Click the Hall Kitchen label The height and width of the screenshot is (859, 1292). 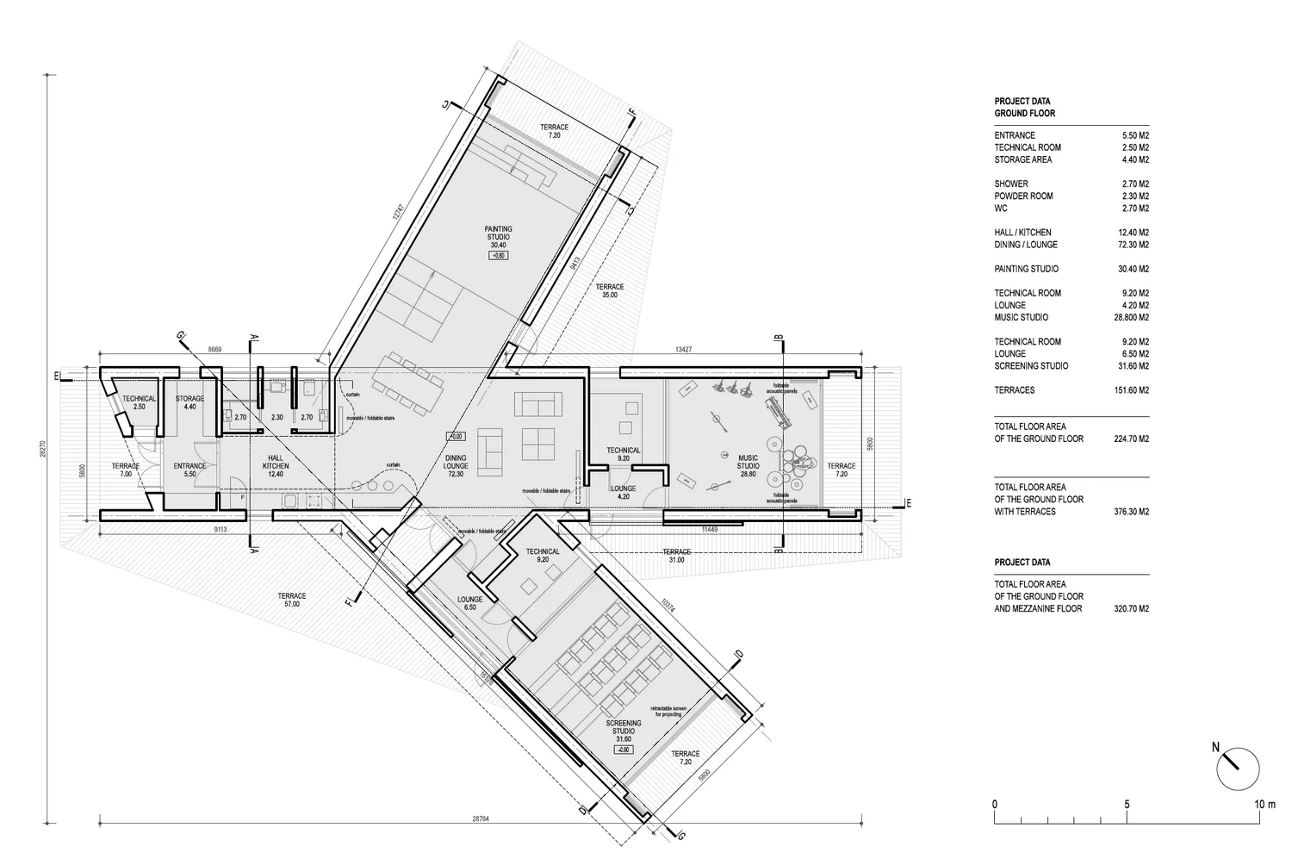pyautogui.click(x=276, y=461)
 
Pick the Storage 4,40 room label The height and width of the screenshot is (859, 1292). pyautogui.click(x=189, y=402)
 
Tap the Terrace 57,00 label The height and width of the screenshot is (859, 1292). pyautogui.click(x=292, y=600)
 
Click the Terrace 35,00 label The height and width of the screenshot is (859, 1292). pyautogui.click(x=609, y=290)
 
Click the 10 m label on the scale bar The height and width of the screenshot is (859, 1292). pyautogui.click(x=1264, y=804)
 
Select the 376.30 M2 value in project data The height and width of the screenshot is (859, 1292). pyautogui.click(x=1130, y=512)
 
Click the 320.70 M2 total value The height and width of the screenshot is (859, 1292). pyautogui.click(x=1130, y=609)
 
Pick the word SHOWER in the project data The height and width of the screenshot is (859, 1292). pyautogui.click(x=1011, y=184)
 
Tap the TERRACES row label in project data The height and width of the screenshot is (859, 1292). pyautogui.click(x=1015, y=390)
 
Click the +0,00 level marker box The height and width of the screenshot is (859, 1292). pyautogui.click(x=455, y=436)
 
